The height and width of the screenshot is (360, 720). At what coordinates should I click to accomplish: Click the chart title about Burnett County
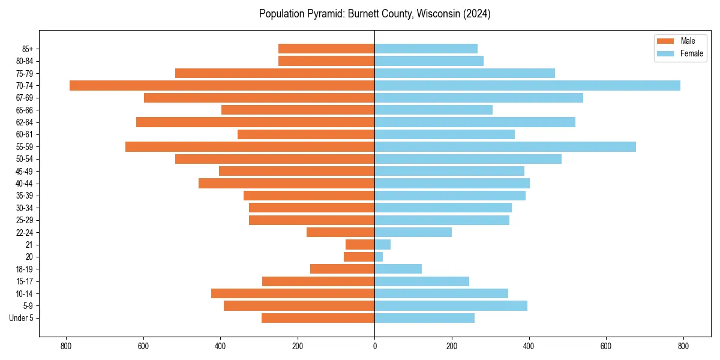coord(374,14)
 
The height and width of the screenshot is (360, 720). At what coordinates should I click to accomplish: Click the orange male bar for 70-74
coord(222,85)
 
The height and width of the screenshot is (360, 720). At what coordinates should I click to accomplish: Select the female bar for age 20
coord(379,257)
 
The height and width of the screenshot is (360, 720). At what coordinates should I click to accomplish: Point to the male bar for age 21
coord(360,244)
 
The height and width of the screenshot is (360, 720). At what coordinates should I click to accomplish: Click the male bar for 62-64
coord(256,122)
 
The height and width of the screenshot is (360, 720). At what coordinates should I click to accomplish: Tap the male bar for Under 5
coord(318,318)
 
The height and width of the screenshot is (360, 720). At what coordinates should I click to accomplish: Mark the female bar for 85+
coord(426,49)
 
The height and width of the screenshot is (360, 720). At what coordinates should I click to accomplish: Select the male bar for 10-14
coord(293,293)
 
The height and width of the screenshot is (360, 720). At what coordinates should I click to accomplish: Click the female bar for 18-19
coord(398,269)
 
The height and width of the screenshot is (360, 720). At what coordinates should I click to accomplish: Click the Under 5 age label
coord(21,318)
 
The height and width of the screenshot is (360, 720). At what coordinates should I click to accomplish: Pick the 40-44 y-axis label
coord(24,183)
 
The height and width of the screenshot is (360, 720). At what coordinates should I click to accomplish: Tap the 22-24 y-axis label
coord(24,232)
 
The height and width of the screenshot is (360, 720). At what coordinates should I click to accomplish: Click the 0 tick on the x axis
coord(374,346)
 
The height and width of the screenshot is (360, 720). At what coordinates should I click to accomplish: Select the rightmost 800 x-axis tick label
coord(683,346)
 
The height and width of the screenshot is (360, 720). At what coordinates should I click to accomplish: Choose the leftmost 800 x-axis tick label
coord(66,346)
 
